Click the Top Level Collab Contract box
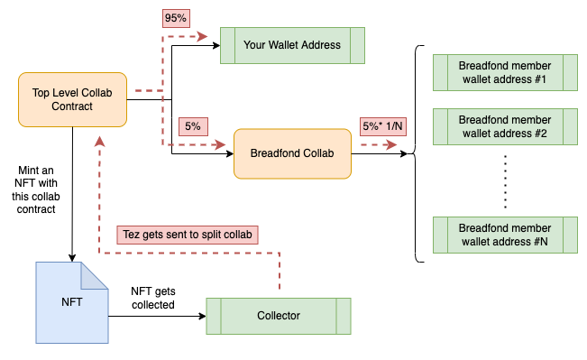pyautogui.click(x=73, y=99)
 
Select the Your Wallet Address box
pyautogui.click(x=292, y=45)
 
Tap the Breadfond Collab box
pyautogui.click(x=292, y=153)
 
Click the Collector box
pyautogui.click(x=279, y=316)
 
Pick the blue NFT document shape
pyautogui.click(x=72, y=302)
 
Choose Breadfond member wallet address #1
pyautogui.click(x=505, y=73)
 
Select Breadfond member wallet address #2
pyautogui.click(x=505, y=126)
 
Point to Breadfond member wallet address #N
pyautogui.click(x=505, y=235)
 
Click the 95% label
pyautogui.click(x=176, y=18)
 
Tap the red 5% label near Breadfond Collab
pyautogui.click(x=193, y=126)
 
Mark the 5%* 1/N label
pyautogui.click(x=382, y=126)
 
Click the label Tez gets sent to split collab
pyautogui.click(x=188, y=235)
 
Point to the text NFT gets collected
pyautogui.click(x=153, y=298)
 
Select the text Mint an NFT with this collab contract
pyautogui.click(x=36, y=190)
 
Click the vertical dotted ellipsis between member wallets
pyautogui.click(x=505, y=181)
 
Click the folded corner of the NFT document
pyautogui.click(x=95, y=276)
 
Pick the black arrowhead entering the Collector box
pyautogui.click(x=202, y=316)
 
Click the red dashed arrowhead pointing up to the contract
pyautogui.click(x=99, y=142)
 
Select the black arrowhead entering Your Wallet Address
pyautogui.click(x=216, y=45)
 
